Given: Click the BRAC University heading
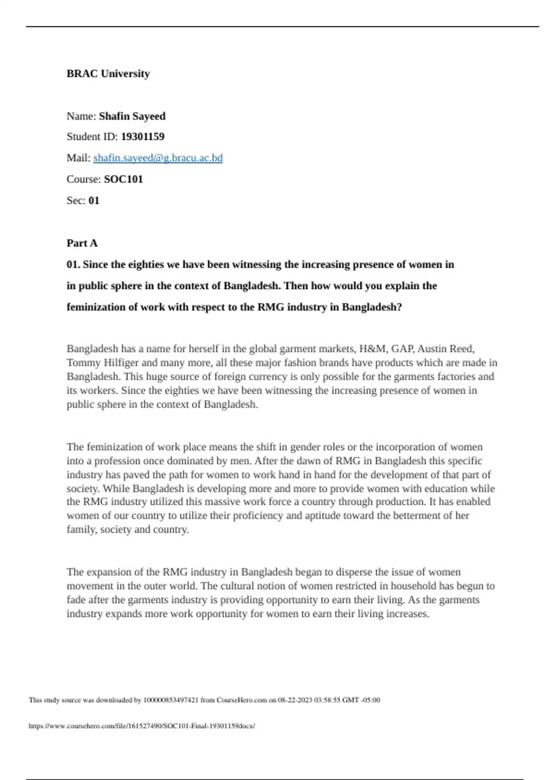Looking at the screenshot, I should point(108,74).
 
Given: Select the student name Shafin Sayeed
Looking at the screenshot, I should point(132,117).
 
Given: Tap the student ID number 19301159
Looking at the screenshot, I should point(143,137).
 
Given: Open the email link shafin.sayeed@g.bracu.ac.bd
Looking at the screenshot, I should point(158,158).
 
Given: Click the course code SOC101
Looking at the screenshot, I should point(123,179).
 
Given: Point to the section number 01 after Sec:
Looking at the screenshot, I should point(93,201).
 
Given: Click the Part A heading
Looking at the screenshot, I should point(82,243).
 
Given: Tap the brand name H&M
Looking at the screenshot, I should point(373,349).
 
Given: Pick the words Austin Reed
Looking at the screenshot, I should point(445,349).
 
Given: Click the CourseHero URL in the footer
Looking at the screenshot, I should point(142,726).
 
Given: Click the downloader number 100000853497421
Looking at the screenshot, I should point(171,700).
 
